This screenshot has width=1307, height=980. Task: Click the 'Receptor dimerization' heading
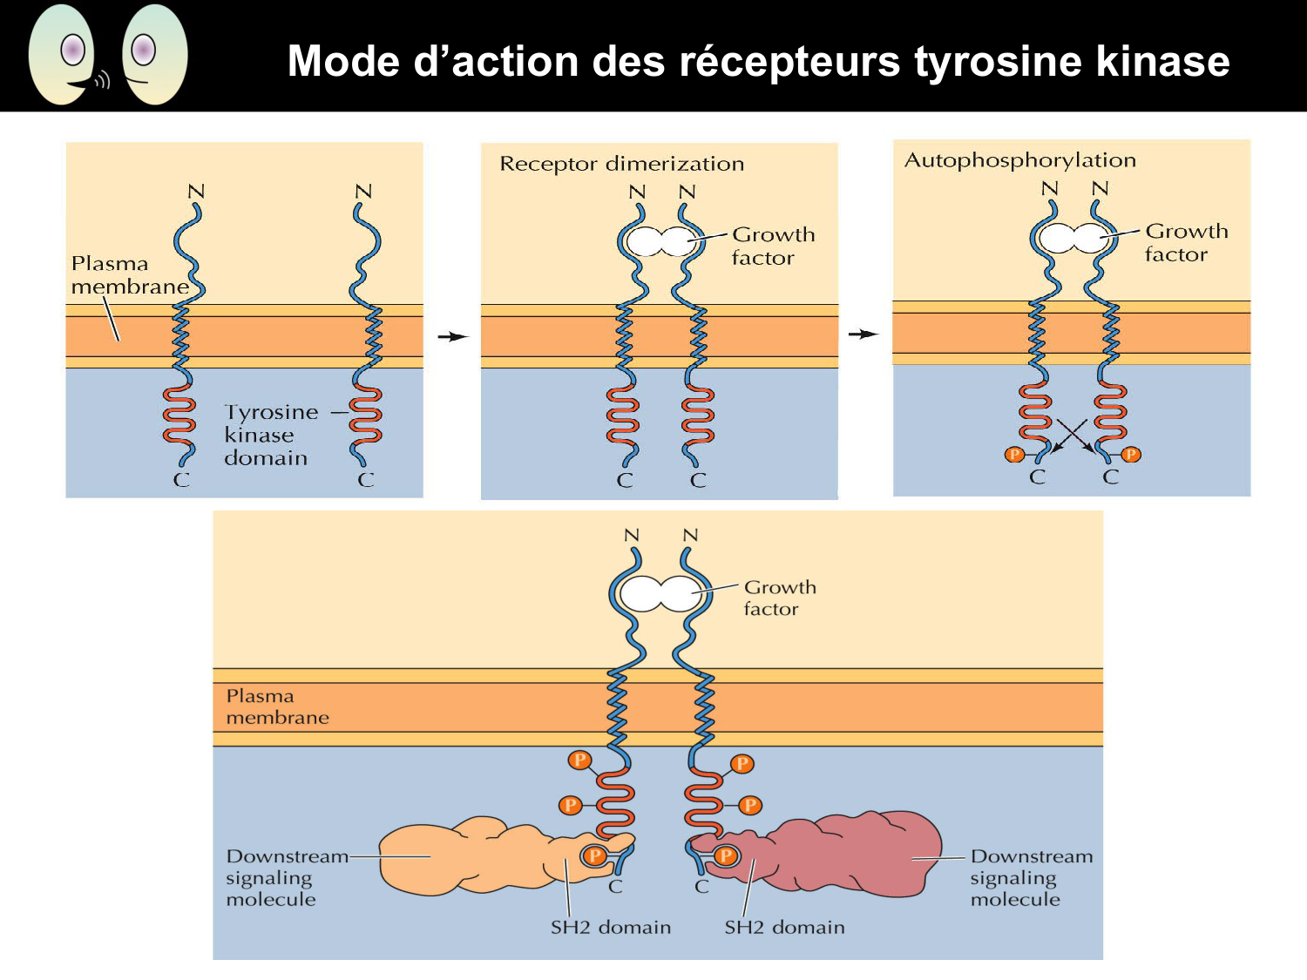[x=621, y=164]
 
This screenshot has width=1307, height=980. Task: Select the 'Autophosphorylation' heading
[x=1019, y=160]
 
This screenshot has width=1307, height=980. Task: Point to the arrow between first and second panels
[x=452, y=336]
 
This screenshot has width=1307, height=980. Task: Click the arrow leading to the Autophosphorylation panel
[x=863, y=334]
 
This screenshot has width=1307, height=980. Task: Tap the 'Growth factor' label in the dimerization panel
[x=772, y=246]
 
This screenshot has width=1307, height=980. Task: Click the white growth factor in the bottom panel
[x=660, y=594]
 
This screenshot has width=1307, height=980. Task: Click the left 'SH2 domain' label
[x=610, y=928]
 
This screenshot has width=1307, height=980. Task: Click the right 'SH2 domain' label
[x=784, y=928]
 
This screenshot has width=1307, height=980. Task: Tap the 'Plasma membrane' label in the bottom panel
[x=276, y=706]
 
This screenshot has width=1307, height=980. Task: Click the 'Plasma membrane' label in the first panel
[x=128, y=274]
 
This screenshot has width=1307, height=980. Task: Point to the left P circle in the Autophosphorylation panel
[x=1013, y=454]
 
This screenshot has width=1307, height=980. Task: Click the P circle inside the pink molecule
[x=725, y=855]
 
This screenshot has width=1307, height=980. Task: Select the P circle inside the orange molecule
[x=595, y=855]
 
